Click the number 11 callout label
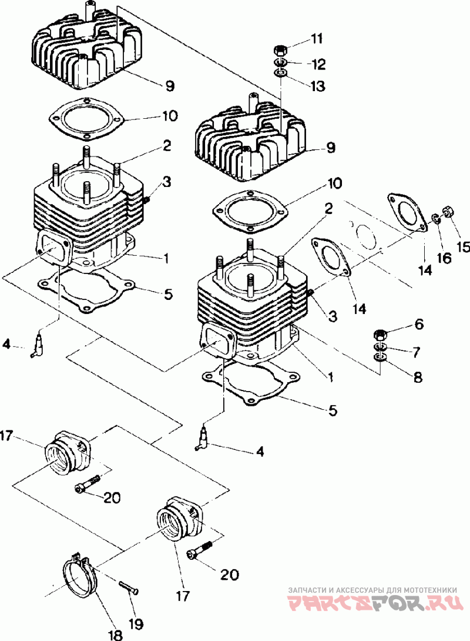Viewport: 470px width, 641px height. point(317,39)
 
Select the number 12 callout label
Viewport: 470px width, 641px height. point(318,63)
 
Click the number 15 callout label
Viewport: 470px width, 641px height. point(463,247)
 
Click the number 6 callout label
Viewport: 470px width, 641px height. point(418,324)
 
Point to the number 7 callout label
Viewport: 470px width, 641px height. point(416,352)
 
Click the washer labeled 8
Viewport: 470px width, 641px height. point(380,358)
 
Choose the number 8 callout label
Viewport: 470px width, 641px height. point(418,377)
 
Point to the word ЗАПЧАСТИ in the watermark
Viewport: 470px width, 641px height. point(307,589)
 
